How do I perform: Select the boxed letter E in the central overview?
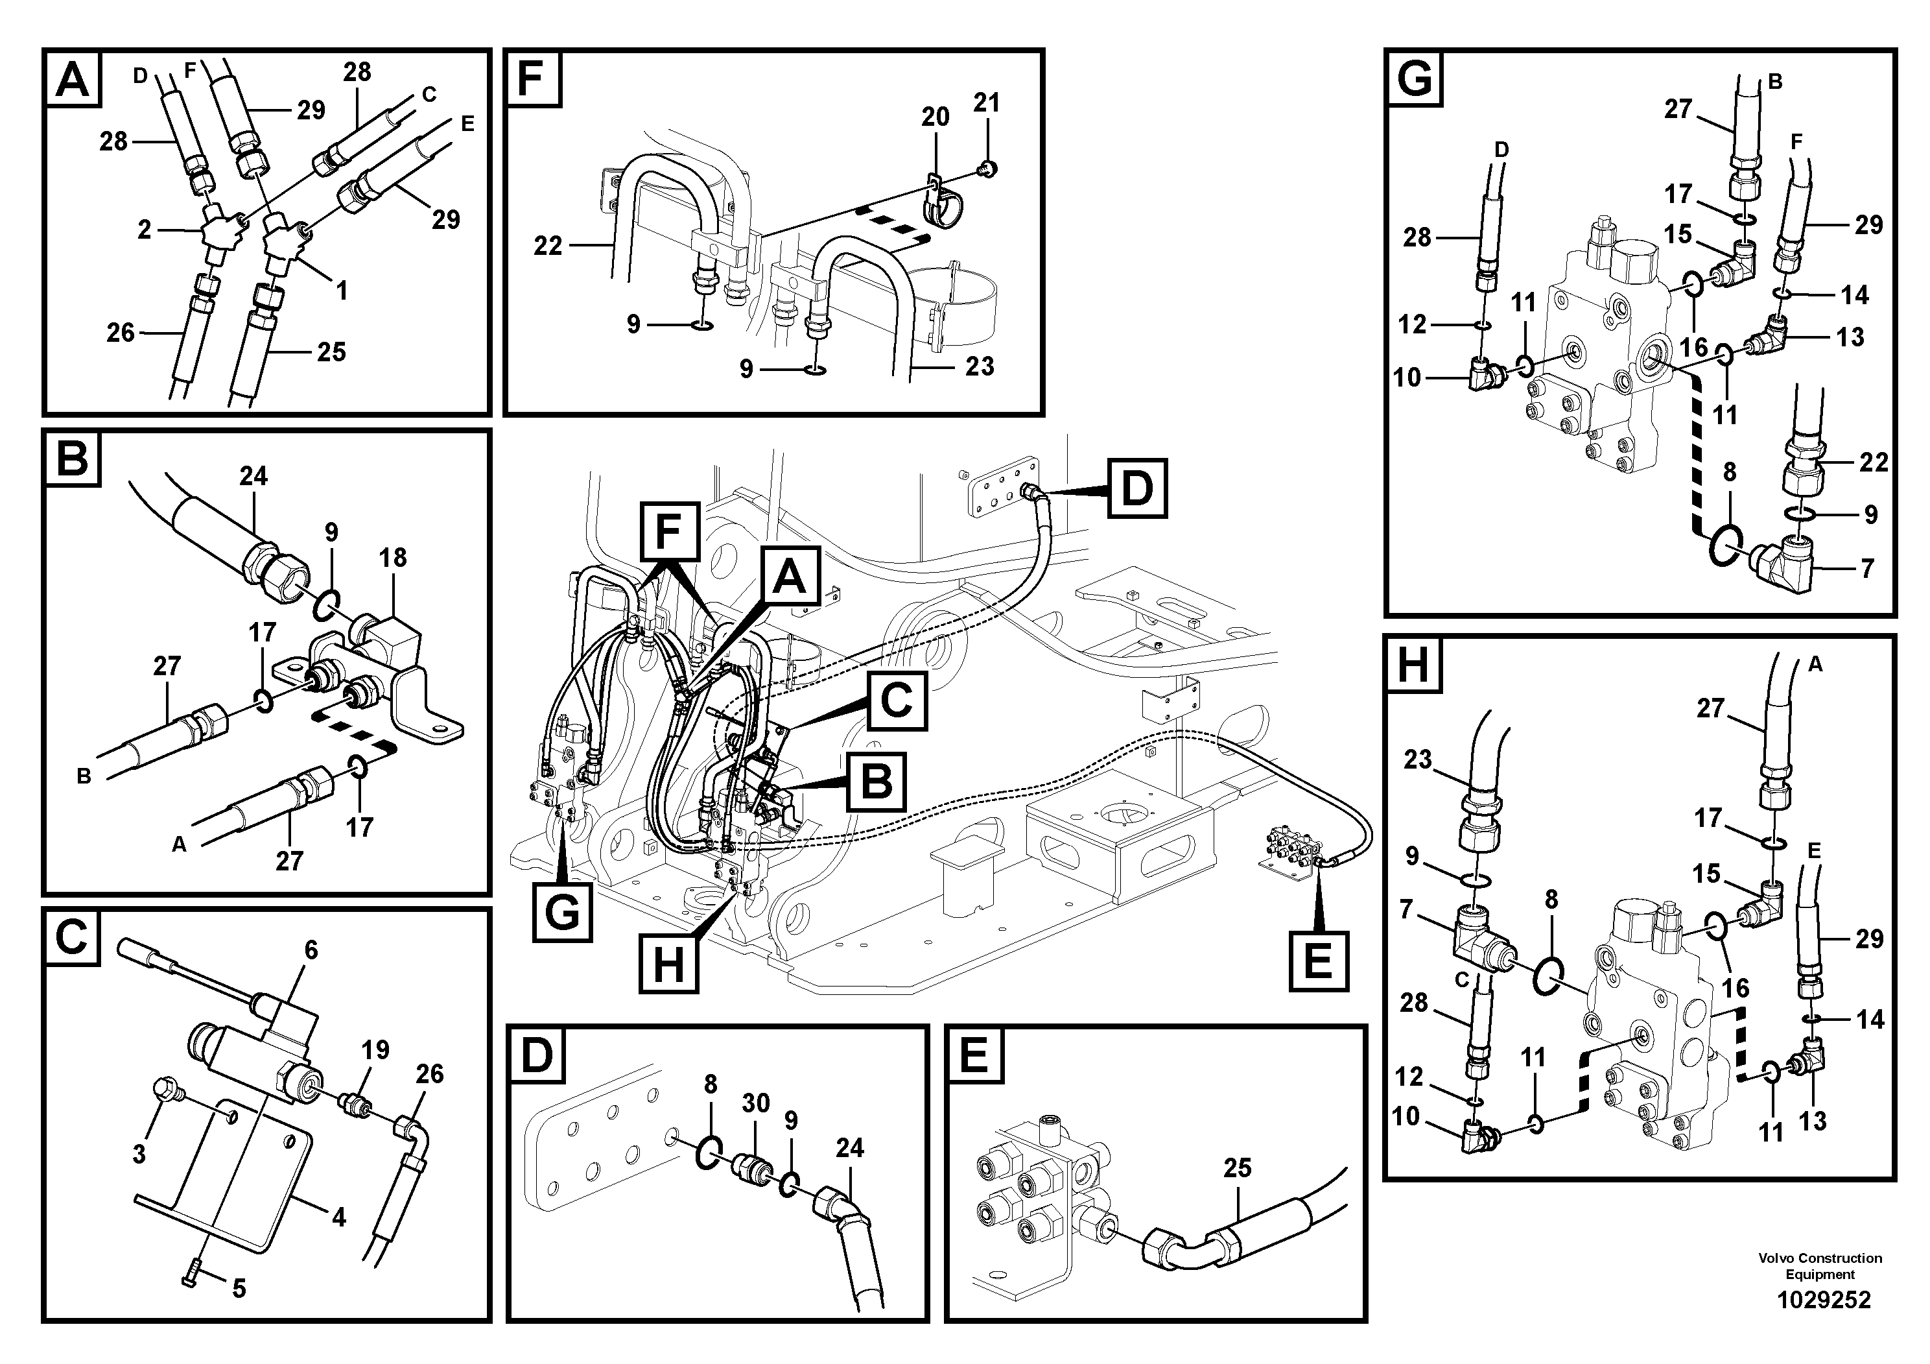1317,961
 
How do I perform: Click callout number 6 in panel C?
311,950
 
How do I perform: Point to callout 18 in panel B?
393,558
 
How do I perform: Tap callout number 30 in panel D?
756,1103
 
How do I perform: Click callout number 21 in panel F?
987,102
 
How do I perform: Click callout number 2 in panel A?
145,230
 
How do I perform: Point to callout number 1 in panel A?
341,291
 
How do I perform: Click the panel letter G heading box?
1415,80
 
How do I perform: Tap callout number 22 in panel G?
1873,462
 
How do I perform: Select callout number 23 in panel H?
1417,760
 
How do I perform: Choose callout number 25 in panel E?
1238,1167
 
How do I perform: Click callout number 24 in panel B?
253,476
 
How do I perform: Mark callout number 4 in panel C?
339,1217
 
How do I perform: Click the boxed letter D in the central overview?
1136,488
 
